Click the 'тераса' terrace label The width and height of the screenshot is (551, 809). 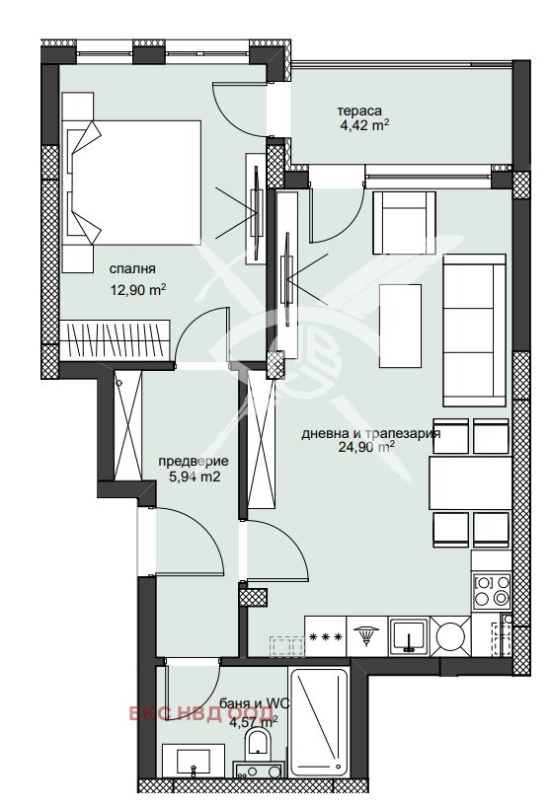coord(359,110)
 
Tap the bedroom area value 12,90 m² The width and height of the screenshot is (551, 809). coord(138,290)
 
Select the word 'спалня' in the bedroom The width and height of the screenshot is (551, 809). coord(132,269)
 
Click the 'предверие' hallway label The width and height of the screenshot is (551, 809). coord(194,462)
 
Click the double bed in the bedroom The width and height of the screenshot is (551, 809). coord(131,183)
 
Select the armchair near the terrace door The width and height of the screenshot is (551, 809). coord(404,222)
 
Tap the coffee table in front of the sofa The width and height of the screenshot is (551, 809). coord(400,326)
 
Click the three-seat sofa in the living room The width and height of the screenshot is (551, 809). coord(474,331)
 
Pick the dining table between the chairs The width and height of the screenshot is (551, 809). coord(470,482)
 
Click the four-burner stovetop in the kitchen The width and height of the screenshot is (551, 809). coord(492,591)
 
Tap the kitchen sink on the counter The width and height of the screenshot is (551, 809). coord(409,636)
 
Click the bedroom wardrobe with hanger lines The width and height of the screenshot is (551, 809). coord(115,339)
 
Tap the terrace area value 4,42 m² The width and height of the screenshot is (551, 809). coord(364,126)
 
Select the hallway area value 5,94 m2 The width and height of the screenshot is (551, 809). coord(195,477)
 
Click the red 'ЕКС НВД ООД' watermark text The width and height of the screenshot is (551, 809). coord(201,714)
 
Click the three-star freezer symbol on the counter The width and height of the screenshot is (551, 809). coord(325,636)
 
